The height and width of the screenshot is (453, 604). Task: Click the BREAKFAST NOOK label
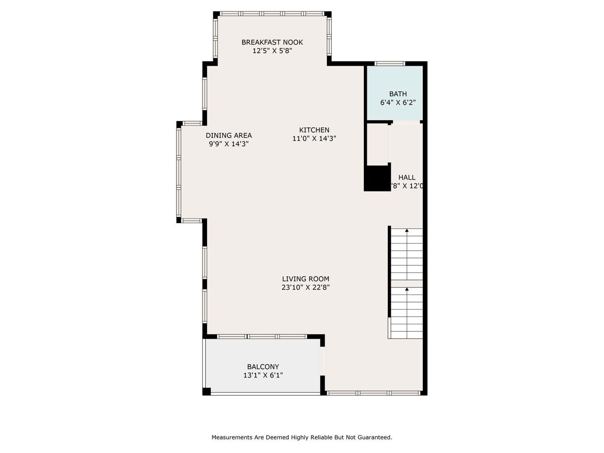(272, 42)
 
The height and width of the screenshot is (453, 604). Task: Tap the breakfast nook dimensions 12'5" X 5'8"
(272, 51)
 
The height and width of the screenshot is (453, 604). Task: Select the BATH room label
(398, 94)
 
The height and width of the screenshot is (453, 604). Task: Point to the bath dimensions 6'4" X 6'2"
(398, 102)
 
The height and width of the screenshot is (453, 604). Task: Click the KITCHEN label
(314, 130)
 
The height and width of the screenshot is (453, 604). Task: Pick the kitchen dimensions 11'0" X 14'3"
(314, 139)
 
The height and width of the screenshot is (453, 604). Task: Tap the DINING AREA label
(229, 135)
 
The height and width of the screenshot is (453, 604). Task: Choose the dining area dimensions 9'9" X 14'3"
(229, 144)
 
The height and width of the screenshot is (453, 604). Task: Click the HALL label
(407, 178)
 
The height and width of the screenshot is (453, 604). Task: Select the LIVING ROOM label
(306, 279)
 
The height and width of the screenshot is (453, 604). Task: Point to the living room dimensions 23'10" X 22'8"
(306, 287)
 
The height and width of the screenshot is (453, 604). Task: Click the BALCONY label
(263, 367)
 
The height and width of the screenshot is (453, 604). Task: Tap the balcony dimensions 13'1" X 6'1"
(263, 375)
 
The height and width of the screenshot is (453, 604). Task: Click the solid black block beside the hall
(377, 178)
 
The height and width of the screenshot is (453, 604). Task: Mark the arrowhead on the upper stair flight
(407, 231)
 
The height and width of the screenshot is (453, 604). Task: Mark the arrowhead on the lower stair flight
(407, 289)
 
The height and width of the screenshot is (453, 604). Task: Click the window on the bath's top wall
(390, 63)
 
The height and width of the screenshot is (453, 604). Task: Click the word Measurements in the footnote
(232, 437)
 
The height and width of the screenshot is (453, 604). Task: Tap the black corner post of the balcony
(207, 391)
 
